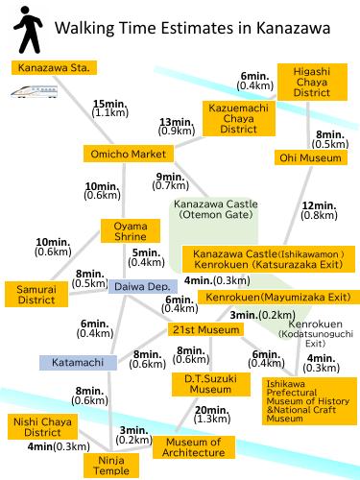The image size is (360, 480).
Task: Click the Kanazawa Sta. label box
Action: [x=54, y=68]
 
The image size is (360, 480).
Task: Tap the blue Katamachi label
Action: [x=77, y=362]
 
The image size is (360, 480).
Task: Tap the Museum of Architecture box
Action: [x=193, y=447]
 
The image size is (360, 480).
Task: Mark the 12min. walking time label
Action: [x=321, y=205]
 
